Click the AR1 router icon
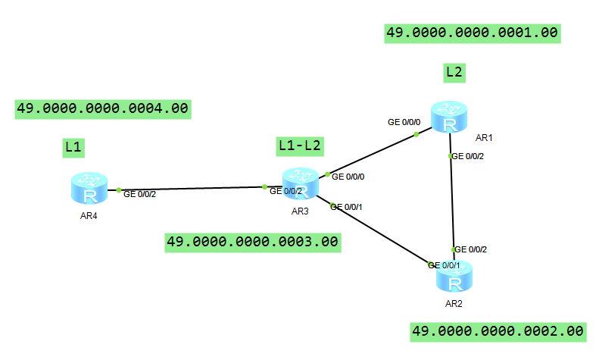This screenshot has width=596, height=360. coord(451,117)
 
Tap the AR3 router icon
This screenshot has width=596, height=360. coord(301,184)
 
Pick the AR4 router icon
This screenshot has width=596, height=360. coord(91,188)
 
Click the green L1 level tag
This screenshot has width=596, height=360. coord(73,147)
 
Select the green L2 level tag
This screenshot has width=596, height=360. coord(454,73)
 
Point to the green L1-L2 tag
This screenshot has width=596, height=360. coord(300,146)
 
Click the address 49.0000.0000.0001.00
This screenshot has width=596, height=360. coord(472,33)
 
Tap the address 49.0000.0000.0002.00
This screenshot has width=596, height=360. coord(498,331)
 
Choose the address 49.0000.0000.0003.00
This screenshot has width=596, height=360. coord(252,242)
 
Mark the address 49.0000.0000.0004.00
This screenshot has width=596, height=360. coord(102,108)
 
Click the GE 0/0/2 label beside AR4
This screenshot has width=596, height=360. coord(139,195)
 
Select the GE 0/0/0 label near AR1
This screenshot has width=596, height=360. coord(404,121)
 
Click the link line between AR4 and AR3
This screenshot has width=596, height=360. coord(189,188)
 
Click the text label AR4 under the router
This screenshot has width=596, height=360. coord(91,215)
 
